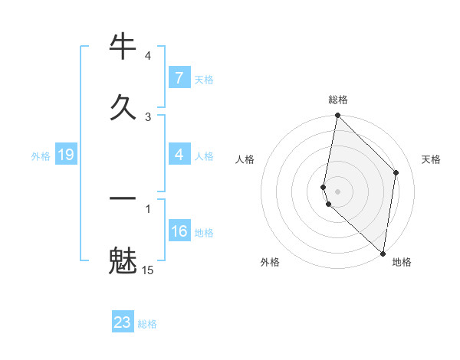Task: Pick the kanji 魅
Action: [x=123, y=260]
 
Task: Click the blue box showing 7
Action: [x=179, y=78]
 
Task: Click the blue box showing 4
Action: [x=179, y=155]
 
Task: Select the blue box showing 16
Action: [x=179, y=231]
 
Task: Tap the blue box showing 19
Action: [x=65, y=155]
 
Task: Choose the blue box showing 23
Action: [x=123, y=322]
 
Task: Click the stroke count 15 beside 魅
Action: [x=147, y=270]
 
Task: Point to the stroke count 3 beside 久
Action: [x=148, y=116]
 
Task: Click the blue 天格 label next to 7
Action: [x=204, y=79]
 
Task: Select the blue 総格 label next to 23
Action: [x=147, y=323]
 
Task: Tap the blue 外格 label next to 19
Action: [x=41, y=156]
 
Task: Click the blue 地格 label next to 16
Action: [x=204, y=232]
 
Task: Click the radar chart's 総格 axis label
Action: [x=338, y=100]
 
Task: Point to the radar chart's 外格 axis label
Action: [x=270, y=262]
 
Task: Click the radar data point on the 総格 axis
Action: [x=337, y=116]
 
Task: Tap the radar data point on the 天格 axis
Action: [x=396, y=172]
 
